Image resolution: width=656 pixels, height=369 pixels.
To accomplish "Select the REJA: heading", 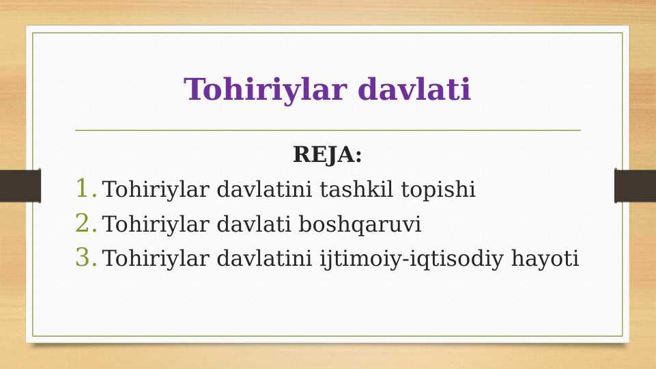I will (327, 154).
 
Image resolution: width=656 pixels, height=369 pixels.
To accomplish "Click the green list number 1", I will (84, 189).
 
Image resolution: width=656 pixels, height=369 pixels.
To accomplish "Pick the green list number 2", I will (84, 223).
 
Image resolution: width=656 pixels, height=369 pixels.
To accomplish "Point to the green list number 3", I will (84, 258).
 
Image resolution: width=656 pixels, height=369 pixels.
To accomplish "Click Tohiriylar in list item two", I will (156, 224).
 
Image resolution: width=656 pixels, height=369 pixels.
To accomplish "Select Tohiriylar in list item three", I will (156, 259).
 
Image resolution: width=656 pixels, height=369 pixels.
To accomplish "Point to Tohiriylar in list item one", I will (156, 189).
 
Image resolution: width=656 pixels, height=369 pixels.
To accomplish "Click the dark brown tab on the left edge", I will (20, 186).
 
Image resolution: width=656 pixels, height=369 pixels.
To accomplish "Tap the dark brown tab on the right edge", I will (635, 186).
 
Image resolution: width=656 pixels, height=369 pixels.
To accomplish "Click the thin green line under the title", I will (328, 130).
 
